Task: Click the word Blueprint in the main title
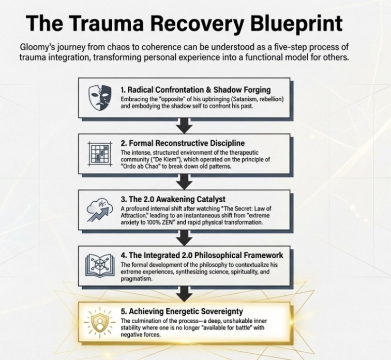point(287,23)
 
